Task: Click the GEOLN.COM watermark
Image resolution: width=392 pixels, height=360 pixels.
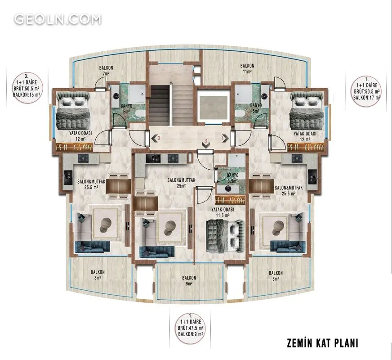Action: pos(58,19)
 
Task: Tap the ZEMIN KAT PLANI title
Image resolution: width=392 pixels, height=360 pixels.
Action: pos(322,343)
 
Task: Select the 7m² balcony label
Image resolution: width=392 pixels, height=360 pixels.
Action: pos(106,71)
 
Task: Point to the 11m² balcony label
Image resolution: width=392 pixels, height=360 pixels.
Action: pos(247,69)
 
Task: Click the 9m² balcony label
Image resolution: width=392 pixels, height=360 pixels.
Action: pos(189,280)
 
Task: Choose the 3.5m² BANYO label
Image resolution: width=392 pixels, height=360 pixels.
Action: pos(232,178)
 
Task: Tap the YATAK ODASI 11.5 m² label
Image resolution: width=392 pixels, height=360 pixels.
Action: pos(223,212)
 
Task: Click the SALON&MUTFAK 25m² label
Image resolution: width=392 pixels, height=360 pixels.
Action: pos(181,183)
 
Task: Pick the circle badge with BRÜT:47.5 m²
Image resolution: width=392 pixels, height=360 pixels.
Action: pos(191,328)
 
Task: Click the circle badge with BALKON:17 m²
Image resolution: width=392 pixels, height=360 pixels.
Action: pos(367,91)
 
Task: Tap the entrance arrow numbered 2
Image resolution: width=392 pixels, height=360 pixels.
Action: pos(206,144)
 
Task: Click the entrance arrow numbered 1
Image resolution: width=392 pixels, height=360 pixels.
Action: pos(225,138)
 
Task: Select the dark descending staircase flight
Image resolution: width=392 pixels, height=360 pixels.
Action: pos(160,105)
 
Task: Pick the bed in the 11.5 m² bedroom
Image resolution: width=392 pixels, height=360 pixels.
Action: pos(225,236)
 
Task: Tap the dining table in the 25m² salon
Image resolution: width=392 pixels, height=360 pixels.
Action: pos(145,203)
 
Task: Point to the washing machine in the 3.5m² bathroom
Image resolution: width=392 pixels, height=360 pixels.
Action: pos(228,189)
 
